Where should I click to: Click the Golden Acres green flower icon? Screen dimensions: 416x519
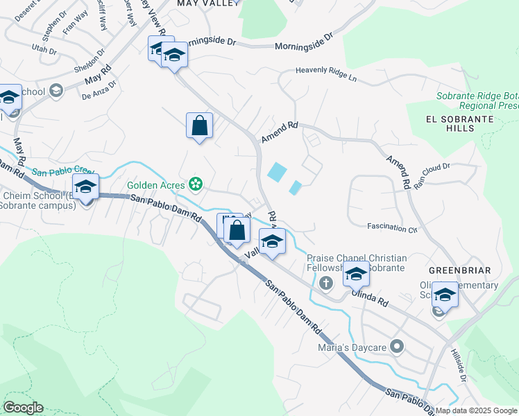pyautogui.click(x=196, y=184)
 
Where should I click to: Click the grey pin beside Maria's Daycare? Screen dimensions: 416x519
pyautogui.click(x=397, y=345)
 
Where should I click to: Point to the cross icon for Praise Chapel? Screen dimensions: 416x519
pyautogui.click(x=327, y=282)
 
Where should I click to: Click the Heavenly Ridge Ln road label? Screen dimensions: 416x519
pyautogui.click(x=325, y=73)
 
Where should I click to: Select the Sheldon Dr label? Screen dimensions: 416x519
pyautogui.click(x=90, y=60)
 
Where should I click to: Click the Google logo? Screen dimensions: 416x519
pyautogui.click(x=23, y=408)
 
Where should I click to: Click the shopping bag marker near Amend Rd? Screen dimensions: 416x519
pyautogui.click(x=199, y=126)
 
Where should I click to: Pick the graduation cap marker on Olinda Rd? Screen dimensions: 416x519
pyautogui.click(x=356, y=275)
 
